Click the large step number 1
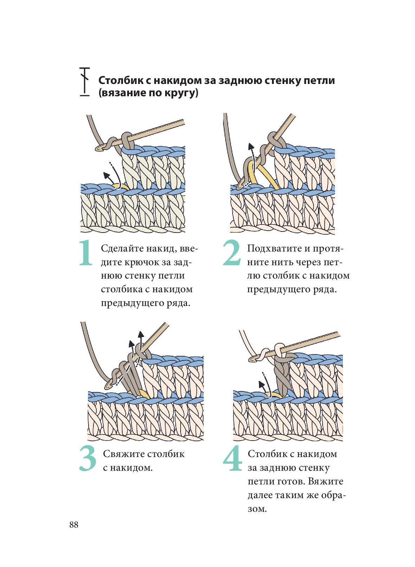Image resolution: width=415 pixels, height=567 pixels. point(85,253)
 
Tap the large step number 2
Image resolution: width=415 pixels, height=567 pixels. point(232,253)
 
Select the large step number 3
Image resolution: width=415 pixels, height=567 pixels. point(87,458)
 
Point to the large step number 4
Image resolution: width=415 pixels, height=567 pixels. point(232,458)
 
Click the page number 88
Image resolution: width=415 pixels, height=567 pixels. point(74,525)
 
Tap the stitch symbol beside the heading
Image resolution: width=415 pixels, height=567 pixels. point(84,81)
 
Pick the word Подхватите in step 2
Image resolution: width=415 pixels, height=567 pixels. point(274,248)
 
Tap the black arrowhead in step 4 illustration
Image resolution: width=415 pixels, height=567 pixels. point(261,384)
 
